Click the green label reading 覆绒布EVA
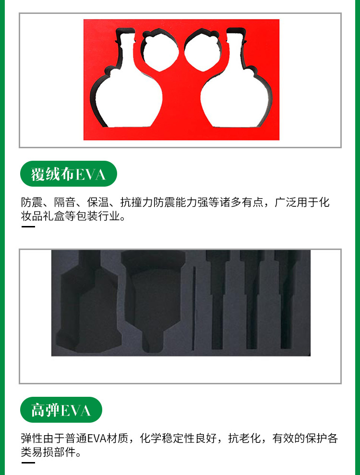click(69, 174)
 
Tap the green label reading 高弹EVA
click(61, 410)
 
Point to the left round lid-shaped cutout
click(159, 50)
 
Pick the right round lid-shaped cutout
click(203, 50)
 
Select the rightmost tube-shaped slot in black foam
click(286, 299)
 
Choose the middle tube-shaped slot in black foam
click(252, 299)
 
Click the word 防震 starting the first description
click(32, 202)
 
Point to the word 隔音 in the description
click(65, 202)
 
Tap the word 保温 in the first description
click(98, 202)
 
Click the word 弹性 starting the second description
click(32, 438)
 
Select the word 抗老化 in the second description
click(244, 438)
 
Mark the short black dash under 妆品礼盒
click(28, 226)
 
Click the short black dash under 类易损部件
click(28, 463)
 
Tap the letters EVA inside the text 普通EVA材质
click(96, 439)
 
